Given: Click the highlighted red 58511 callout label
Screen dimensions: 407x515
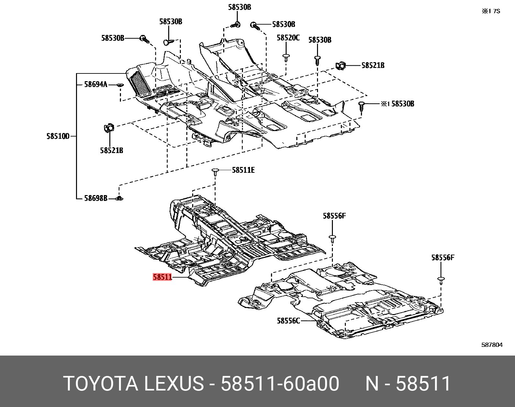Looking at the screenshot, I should [162, 277].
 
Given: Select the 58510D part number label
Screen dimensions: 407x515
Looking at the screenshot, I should [58, 137].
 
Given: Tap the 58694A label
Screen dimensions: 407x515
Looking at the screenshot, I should [95, 84].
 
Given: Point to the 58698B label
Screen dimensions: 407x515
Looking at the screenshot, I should [95, 198].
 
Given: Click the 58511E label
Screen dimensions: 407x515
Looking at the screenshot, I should [243, 170].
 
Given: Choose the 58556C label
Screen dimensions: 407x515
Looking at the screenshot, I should [289, 321].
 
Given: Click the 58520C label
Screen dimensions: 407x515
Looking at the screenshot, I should [288, 38].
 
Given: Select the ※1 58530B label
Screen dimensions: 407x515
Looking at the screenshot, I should [397, 104].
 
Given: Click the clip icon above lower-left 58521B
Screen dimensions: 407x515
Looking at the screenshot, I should [109, 128].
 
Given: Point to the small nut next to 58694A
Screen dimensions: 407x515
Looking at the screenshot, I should [120, 85].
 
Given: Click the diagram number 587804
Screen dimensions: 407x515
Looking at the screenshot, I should [492, 345].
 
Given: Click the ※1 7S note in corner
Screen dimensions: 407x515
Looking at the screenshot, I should [491, 11].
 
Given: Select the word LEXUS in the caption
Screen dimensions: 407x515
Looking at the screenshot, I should [173, 384].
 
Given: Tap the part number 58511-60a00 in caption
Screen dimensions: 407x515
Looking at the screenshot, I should [280, 384].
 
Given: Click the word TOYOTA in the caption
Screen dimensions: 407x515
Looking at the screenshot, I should [101, 384].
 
